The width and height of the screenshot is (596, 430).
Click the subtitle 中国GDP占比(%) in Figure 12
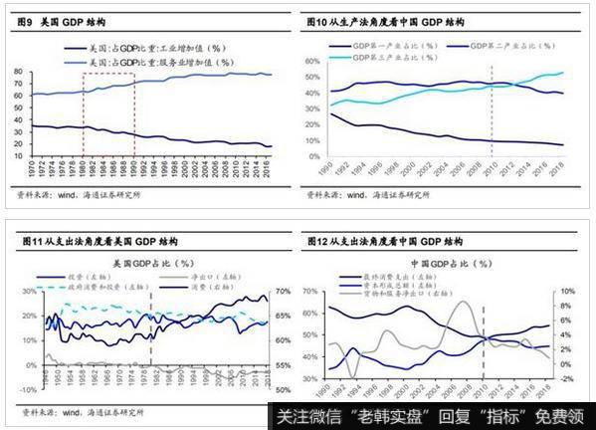pos(450,264)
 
